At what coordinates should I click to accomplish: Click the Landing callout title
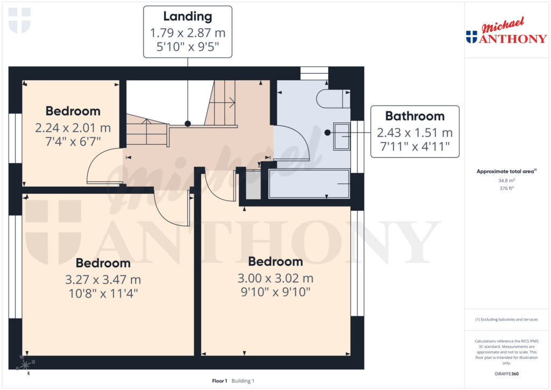click(x=187, y=17)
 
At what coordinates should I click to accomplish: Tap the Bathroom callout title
click(x=414, y=116)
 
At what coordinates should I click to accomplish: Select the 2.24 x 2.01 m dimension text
click(x=73, y=128)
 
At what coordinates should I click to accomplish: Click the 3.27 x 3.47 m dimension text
click(x=103, y=280)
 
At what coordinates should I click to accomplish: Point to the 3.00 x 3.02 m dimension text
click(x=275, y=279)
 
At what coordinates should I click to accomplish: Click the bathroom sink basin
click(x=342, y=136)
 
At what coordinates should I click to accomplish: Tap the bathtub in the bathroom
click(x=309, y=185)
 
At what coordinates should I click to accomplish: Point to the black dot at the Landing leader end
click(x=187, y=124)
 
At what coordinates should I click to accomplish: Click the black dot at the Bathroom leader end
click(x=327, y=132)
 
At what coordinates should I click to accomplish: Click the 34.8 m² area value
click(x=506, y=181)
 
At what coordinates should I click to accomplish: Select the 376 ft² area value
click(x=506, y=188)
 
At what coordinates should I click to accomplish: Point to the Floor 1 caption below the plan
click(x=220, y=381)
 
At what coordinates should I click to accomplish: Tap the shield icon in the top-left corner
click(x=20, y=20)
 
